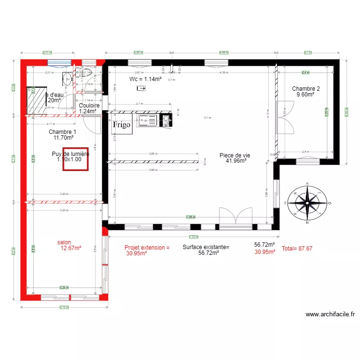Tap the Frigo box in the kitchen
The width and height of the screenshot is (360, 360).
(x=122, y=125)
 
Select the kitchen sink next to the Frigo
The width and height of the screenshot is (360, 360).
(x=148, y=121)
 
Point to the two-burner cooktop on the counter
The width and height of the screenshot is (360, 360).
(x=166, y=120)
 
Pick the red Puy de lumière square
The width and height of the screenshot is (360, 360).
(x=75, y=159)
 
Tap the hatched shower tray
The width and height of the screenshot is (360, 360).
(x=36, y=100)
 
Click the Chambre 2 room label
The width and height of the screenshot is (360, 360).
(x=306, y=92)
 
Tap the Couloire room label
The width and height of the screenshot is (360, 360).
(x=89, y=108)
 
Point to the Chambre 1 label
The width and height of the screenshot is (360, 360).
(x=62, y=135)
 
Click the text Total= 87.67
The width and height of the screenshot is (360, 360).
(x=297, y=249)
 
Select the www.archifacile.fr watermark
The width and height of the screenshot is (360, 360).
(x=330, y=314)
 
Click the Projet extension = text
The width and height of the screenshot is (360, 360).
(x=147, y=248)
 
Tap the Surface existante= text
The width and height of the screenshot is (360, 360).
(x=206, y=248)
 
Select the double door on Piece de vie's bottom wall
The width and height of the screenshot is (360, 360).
(x=235, y=216)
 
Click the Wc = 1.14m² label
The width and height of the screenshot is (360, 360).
(x=145, y=79)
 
